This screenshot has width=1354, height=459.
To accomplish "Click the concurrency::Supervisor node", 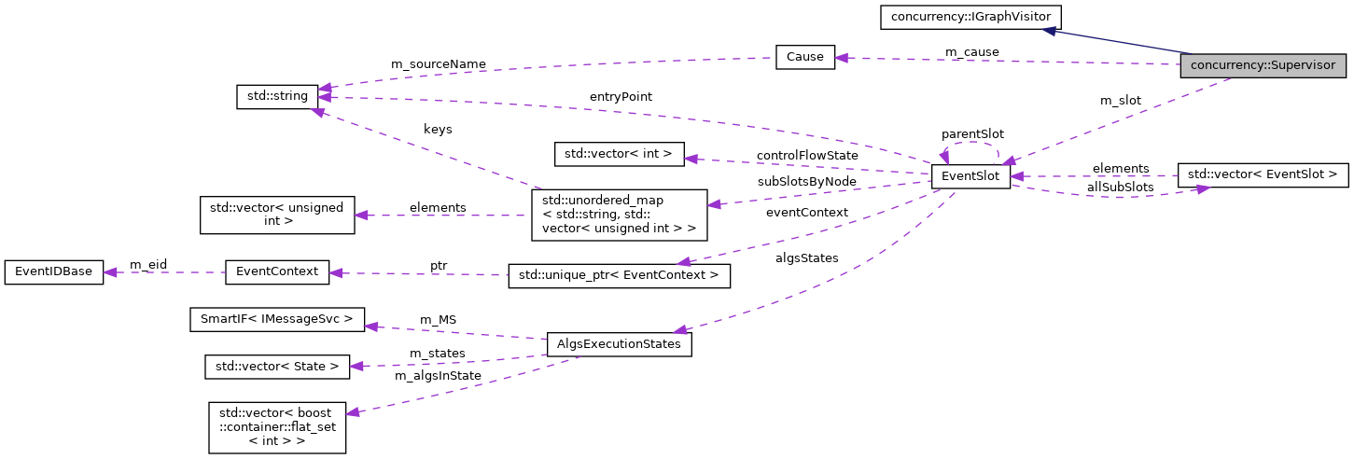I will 1263,66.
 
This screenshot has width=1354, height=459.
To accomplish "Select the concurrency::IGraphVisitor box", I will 970,16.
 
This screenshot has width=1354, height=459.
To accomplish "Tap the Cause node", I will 804,57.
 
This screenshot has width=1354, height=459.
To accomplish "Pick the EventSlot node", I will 970,176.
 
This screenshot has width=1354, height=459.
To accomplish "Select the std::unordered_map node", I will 619,215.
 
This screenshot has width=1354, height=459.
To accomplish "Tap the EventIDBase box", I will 54,271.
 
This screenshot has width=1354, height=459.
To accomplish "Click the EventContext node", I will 277,272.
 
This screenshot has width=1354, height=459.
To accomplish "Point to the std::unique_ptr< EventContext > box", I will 619,275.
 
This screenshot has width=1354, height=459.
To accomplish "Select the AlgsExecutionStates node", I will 619,344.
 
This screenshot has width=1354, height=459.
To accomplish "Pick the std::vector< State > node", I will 277,367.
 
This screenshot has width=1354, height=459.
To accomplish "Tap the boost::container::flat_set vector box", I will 277,428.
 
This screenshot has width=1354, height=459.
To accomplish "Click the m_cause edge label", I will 971,52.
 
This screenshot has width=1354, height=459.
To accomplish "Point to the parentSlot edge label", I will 972,134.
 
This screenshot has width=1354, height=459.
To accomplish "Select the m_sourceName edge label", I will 438,64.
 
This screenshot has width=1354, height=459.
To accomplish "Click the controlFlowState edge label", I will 807,155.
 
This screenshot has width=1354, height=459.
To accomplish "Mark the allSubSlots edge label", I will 1120,187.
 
